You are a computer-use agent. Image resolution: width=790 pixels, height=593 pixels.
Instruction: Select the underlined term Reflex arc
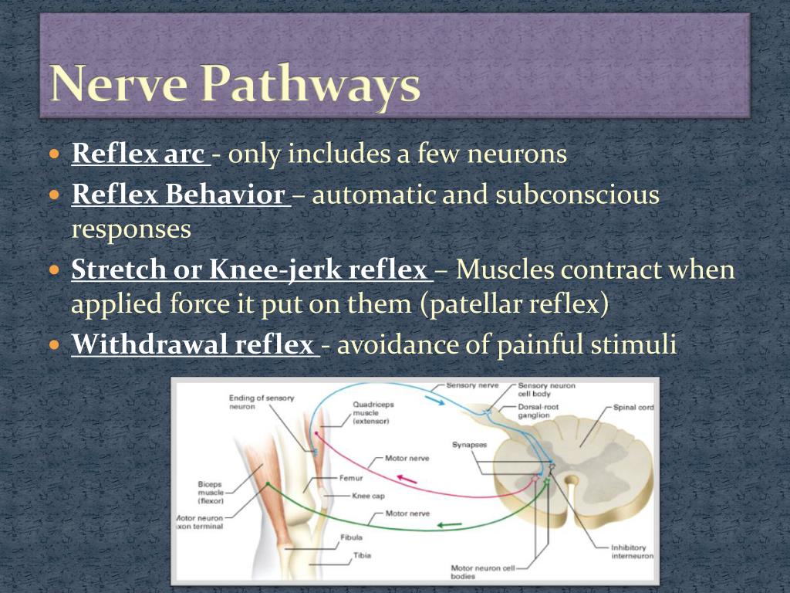[138, 154]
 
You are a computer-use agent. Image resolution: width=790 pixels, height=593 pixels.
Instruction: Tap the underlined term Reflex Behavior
[178, 195]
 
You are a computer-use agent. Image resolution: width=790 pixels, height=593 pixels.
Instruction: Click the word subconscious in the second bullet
[578, 195]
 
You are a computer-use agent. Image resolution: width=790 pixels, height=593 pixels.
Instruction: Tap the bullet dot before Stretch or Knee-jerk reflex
[54, 271]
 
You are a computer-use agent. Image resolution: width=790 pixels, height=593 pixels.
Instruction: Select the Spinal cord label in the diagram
[633, 407]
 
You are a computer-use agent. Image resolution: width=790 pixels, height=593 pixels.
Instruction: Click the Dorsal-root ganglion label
[538, 411]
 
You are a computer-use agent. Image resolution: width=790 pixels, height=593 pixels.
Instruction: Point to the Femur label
[349, 478]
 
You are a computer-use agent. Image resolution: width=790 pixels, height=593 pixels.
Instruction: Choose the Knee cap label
[368, 496]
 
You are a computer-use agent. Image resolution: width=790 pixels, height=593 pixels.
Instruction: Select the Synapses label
[470, 445]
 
